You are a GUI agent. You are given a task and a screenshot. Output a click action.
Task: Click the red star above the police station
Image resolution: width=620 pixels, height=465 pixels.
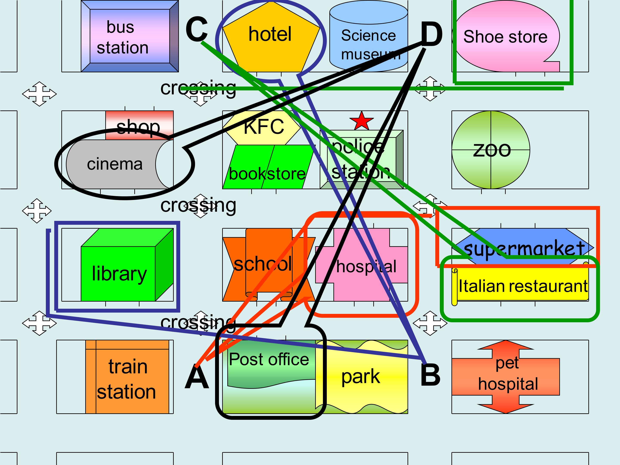(x=362, y=121)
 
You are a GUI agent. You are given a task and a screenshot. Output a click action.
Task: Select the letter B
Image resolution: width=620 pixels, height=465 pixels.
(x=431, y=375)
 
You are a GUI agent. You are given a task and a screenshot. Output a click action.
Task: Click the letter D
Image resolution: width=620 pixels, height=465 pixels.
(x=432, y=34)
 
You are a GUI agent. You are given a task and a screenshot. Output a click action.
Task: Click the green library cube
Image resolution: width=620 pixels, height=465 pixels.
(x=127, y=265)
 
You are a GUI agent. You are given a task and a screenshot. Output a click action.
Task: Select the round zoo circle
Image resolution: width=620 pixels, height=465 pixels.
(x=491, y=150)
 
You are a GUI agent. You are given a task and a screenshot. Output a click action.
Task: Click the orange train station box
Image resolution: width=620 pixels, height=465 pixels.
(x=127, y=377)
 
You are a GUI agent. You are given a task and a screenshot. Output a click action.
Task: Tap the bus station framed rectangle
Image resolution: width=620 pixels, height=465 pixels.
(x=130, y=36)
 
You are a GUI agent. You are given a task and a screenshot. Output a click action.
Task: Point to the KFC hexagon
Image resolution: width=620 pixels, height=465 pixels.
(x=262, y=127)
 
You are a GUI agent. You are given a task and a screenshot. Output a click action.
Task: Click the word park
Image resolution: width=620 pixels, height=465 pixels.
(x=360, y=377)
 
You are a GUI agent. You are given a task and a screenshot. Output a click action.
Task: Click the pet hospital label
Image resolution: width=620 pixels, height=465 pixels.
(x=508, y=374)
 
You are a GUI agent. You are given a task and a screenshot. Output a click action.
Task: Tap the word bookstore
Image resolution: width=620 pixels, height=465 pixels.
(x=267, y=174)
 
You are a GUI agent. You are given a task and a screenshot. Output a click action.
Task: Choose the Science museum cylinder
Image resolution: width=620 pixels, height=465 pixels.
(x=369, y=36)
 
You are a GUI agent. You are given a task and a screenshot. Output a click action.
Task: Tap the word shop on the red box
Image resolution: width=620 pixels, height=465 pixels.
(x=138, y=127)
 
